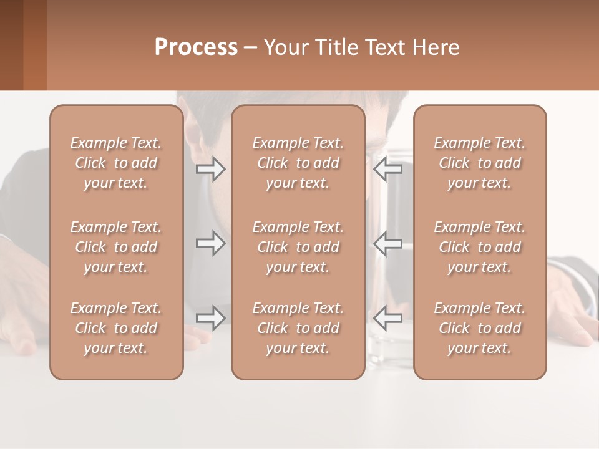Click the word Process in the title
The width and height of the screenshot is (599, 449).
click(x=196, y=47)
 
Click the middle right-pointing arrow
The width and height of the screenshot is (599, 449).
click(x=210, y=243)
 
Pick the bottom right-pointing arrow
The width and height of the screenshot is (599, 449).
click(x=210, y=318)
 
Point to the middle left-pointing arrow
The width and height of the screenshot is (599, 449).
click(x=387, y=243)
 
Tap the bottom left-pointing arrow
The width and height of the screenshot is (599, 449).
click(x=387, y=318)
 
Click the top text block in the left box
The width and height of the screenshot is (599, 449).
click(x=116, y=163)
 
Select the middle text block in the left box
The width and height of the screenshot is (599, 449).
click(x=116, y=247)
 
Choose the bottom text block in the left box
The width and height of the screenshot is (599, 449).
click(x=116, y=328)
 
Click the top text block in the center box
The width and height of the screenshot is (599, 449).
click(x=298, y=163)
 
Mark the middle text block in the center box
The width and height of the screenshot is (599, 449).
click(x=298, y=247)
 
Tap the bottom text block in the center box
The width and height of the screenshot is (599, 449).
click(x=298, y=328)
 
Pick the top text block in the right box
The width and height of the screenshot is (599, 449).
click(x=479, y=163)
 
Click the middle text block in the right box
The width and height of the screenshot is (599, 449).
click(x=479, y=247)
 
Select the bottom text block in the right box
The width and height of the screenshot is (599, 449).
click(x=479, y=328)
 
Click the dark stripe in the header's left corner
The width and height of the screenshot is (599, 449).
click(x=11, y=45)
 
